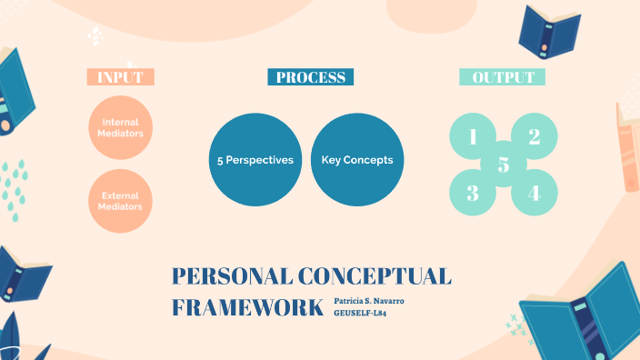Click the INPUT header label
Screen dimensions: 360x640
coord(120,77)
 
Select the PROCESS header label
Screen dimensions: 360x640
coord(310,77)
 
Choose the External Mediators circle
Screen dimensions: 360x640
coord(120,201)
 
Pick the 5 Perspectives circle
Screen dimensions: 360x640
coord(255,160)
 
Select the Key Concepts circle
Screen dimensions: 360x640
coord(356,160)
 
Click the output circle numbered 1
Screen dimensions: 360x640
coord(474,137)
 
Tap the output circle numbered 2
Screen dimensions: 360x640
coord(535,137)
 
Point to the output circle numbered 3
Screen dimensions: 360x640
coord(474,193)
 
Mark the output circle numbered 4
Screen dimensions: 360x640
coord(535,193)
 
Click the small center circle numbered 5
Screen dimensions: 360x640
coord(504,165)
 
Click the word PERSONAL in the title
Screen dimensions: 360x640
coord(224,277)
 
